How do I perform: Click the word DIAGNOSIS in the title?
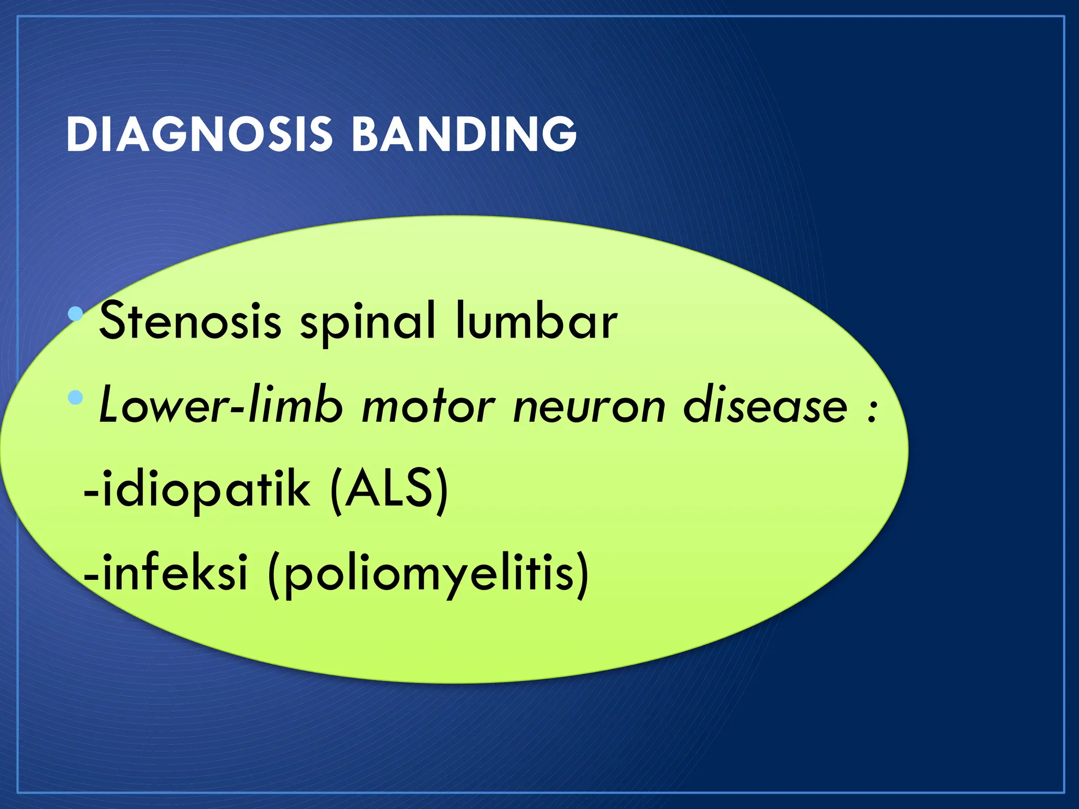tap(199, 135)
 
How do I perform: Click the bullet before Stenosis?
tap(76, 314)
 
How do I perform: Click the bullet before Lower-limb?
tap(76, 396)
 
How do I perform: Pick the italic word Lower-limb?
tap(221, 406)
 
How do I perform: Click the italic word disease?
tap(765, 406)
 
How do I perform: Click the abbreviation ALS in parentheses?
tap(389, 489)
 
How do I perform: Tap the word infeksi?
tap(174, 573)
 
